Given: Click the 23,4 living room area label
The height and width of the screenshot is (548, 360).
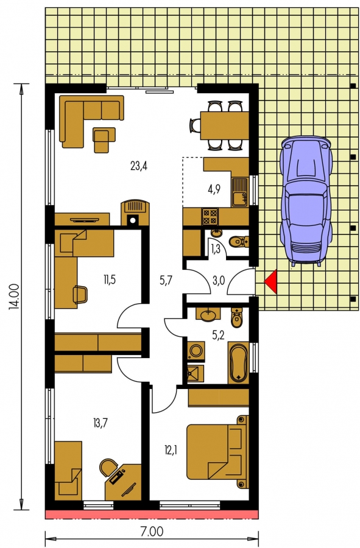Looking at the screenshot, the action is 139,166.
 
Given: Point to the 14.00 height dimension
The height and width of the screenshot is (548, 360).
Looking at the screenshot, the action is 15,297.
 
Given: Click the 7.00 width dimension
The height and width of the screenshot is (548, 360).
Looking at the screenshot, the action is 152,532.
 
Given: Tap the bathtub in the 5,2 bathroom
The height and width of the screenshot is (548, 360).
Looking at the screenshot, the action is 238,363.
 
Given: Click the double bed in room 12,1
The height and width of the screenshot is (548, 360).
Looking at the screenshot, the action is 217,451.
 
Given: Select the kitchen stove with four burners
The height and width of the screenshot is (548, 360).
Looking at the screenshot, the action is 210,216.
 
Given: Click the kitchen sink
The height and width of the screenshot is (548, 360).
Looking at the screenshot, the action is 239,192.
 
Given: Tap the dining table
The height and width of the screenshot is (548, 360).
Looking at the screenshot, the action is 224,125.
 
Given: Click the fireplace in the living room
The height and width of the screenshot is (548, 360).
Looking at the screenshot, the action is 135,213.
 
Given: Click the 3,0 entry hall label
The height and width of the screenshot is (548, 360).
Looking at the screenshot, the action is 219,281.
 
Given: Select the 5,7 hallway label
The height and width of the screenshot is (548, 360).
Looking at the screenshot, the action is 166,280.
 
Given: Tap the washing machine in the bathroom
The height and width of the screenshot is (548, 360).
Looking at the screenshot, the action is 196,351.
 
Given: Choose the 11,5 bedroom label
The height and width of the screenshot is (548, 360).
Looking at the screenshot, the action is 109,279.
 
